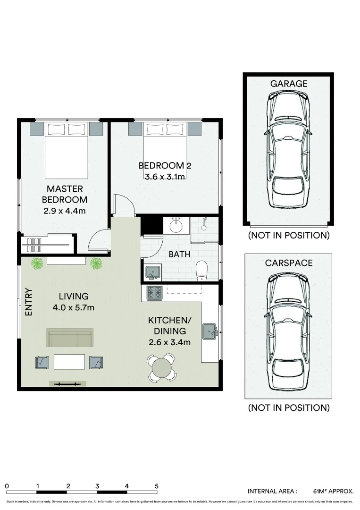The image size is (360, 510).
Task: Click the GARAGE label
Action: [288, 84]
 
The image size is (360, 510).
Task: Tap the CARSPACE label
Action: [288, 263]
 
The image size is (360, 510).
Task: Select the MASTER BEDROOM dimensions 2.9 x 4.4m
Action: [65, 211]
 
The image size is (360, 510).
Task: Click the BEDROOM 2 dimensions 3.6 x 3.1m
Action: [165, 177]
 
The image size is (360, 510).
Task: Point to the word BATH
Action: [179, 255]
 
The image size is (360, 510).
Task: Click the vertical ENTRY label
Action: [29, 302]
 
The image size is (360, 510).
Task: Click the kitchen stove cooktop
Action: [155, 293]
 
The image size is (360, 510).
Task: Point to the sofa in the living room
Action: [70, 338]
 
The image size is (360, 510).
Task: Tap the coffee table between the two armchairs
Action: [69, 362]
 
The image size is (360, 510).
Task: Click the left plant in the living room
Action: [37, 263]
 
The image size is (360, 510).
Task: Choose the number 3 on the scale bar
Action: [97, 486]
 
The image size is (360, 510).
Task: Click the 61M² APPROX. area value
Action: [333, 491]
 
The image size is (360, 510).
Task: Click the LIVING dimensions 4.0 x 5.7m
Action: [74, 308]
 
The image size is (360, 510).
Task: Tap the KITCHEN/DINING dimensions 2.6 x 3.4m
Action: [169, 342]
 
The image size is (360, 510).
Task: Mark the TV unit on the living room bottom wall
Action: [67, 384]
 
